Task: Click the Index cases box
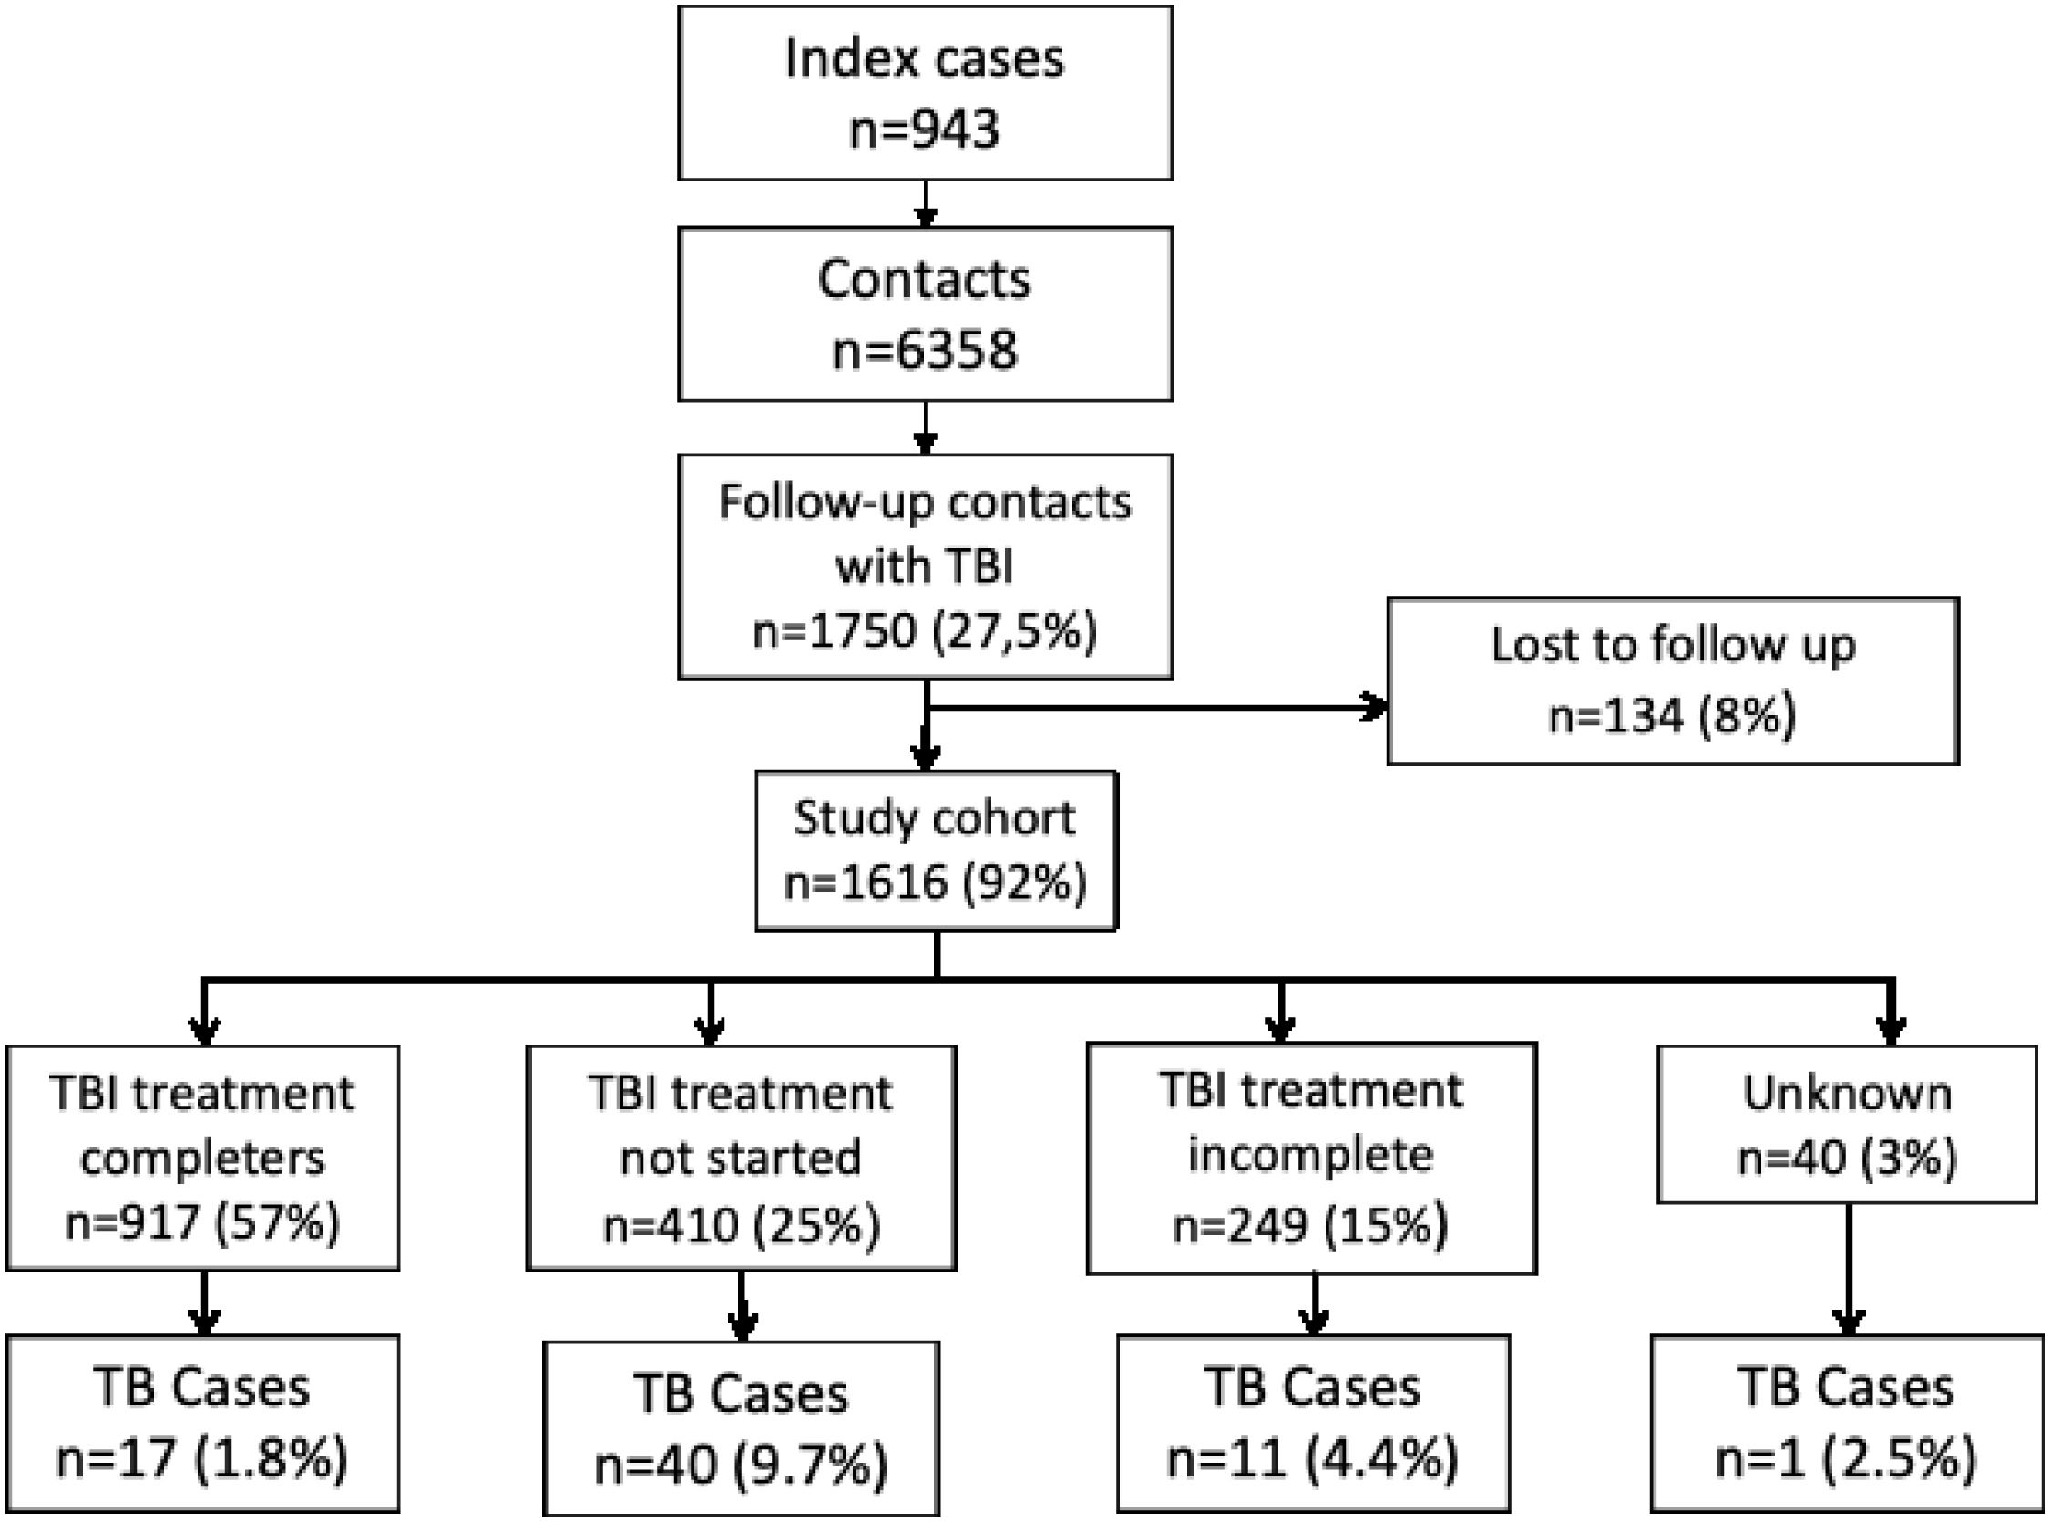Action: click(x=925, y=92)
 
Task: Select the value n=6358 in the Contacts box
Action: click(x=925, y=350)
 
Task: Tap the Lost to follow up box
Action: click(x=1673, y=680)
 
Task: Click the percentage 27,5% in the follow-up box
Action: click(x=1015, y=633)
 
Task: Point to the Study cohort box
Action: click(x=936, y=851)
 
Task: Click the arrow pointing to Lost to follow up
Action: click(x=1156, y=708)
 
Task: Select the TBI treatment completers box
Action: click(x=202, y=1158)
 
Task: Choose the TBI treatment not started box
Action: click(x=741, y=1158)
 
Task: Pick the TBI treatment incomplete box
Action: click(x=1311, y=1158)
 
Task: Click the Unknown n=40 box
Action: click(x=1847, y=1124)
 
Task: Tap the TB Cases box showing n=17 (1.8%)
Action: click(x=202, y=1424)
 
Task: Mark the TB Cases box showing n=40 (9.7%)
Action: click(x=741, y=1428)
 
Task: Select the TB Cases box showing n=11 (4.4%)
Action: click(x=1313, y=1424)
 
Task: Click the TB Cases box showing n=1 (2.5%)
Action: click(x=1846, y=1424)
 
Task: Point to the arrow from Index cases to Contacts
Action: click(x=925, y=204)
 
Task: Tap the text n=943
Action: click(x=925, y=129)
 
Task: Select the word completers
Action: click(x=202, y=1159)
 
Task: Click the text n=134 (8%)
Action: click(x=1672, y=716)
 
